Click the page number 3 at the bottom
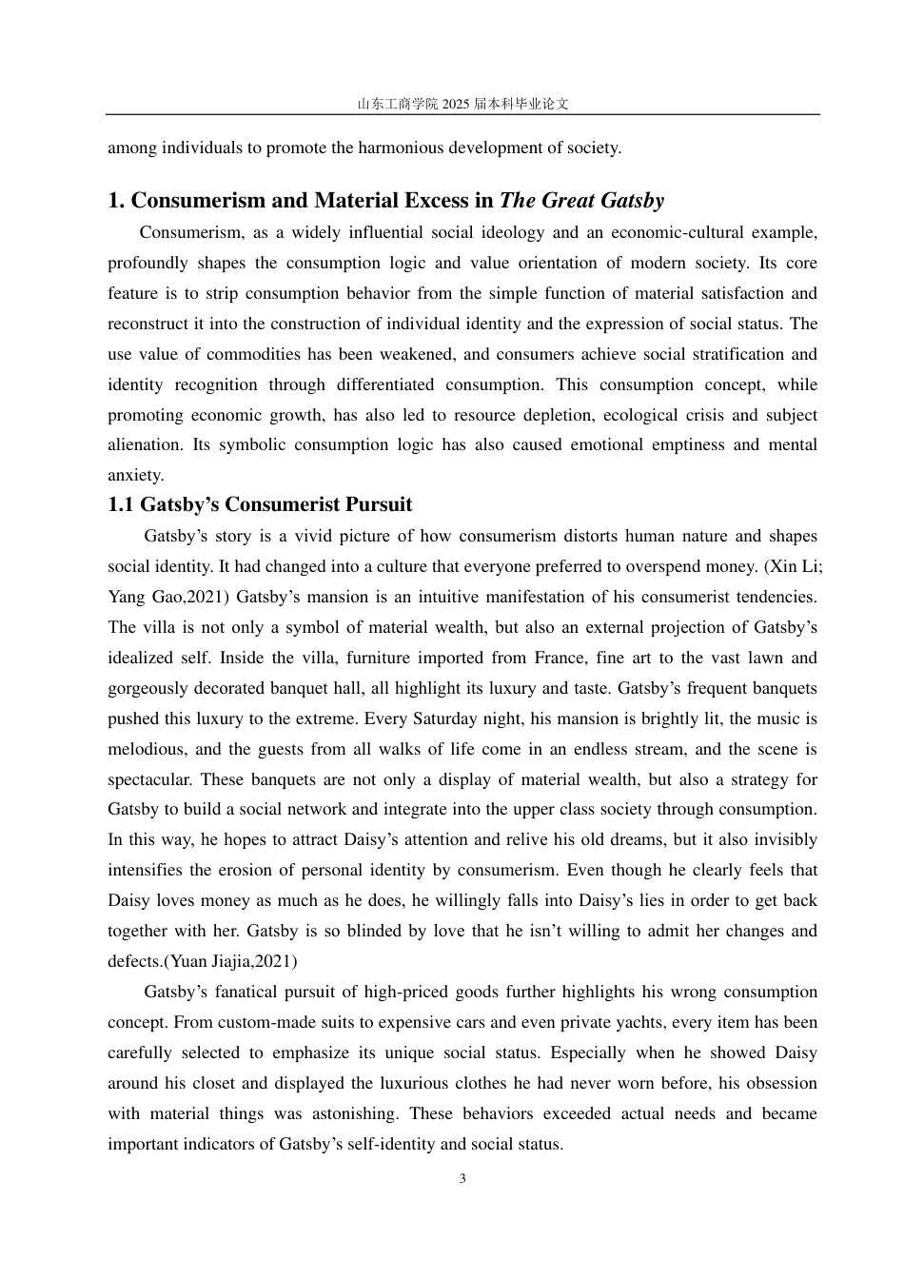[x=462, y=1179]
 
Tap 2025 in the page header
[x=456, y=104]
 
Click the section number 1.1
[x=122, y=504]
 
